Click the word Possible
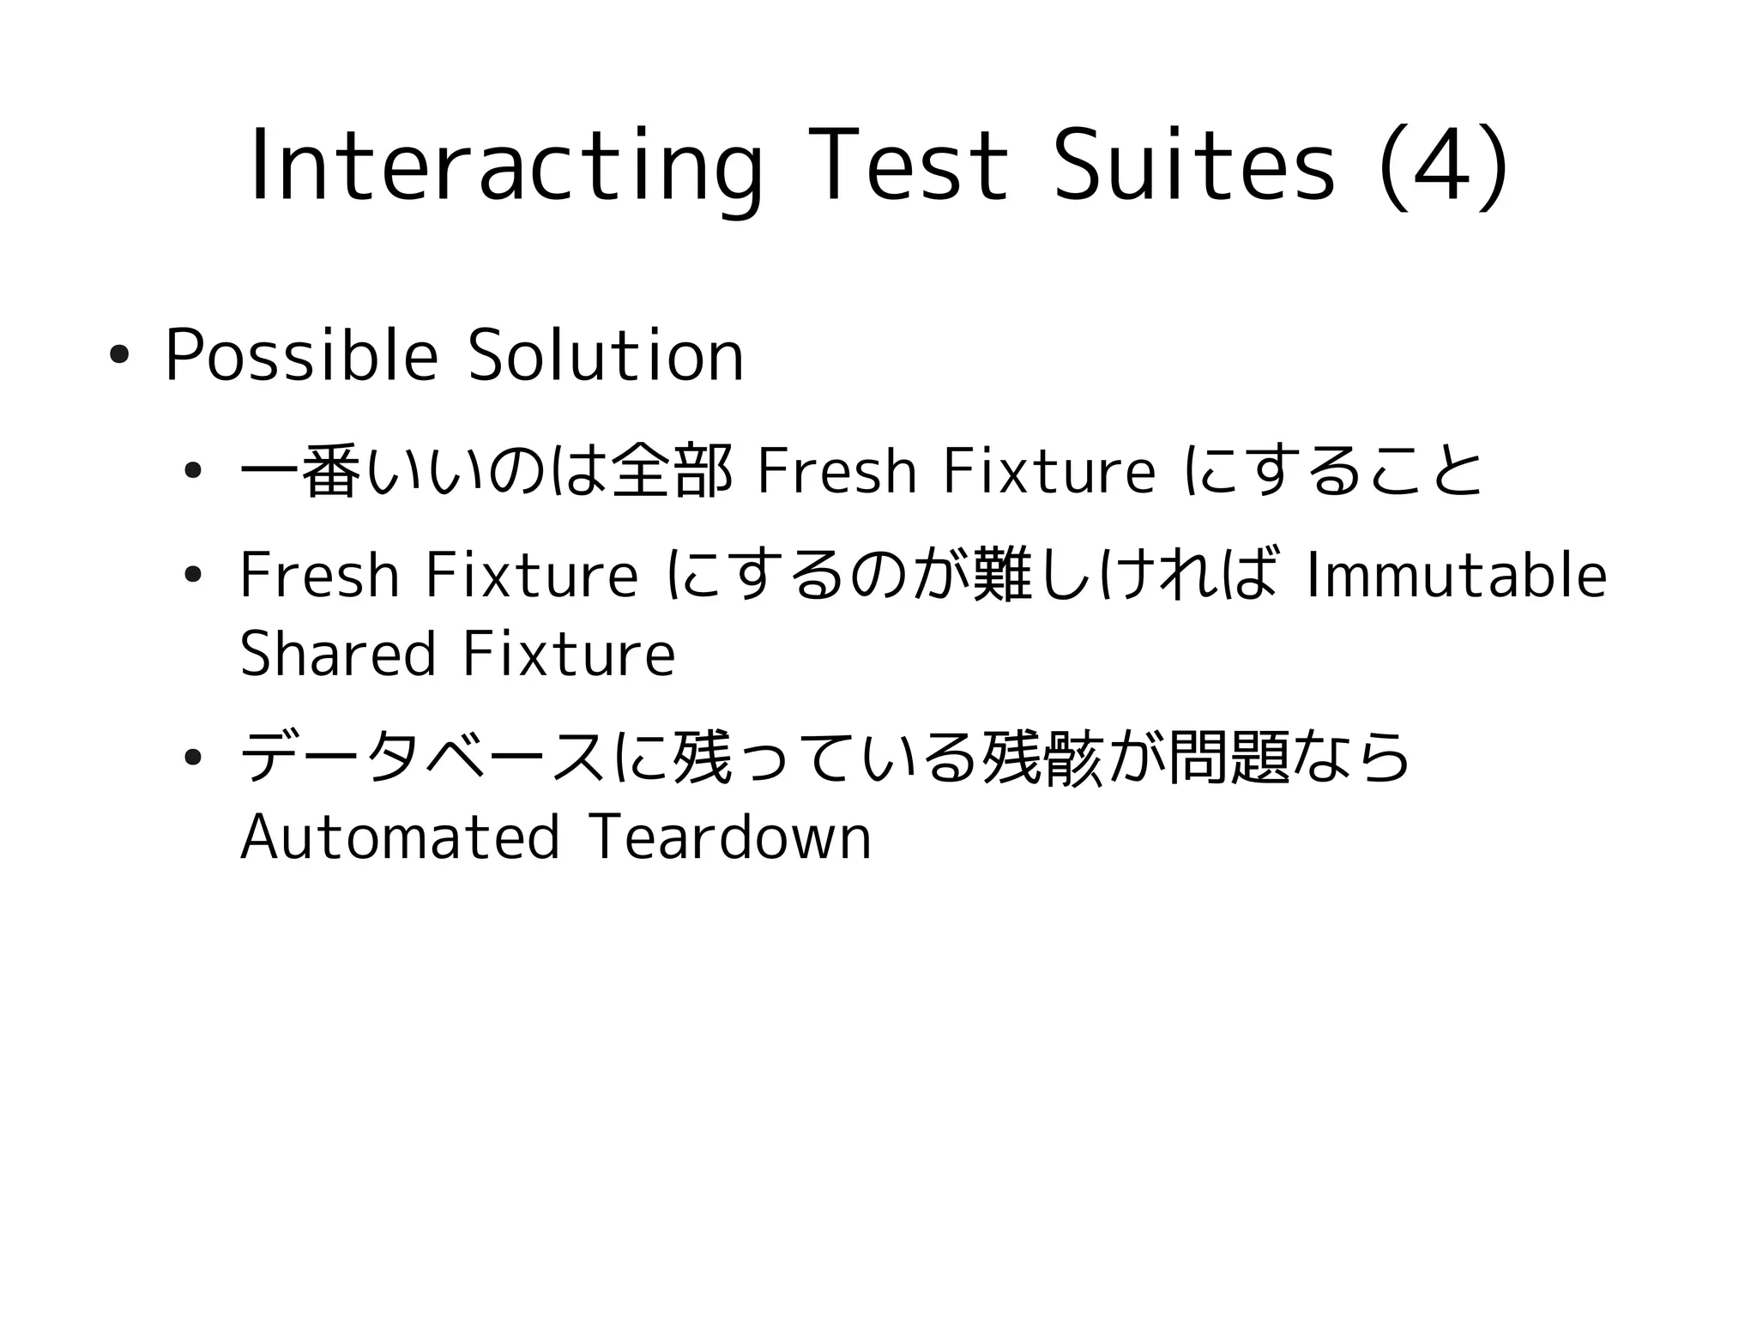click(x=301, y=355)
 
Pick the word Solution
click(x=606, y=355)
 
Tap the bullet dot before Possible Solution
click(x=118, y=355)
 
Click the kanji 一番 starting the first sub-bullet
click(x=297, y=471)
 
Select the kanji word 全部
click(x=673, y=471)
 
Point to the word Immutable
click(x=1455, y=576)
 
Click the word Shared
click(x=338, y=654)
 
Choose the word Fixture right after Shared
click(x=569, y=654)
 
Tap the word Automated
click(x=400, y=837)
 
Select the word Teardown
click(x=730, y=837)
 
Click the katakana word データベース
click(x=424, y=758)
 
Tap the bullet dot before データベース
click(x=192, y=758)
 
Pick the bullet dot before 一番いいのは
click(x=192, y=471)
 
